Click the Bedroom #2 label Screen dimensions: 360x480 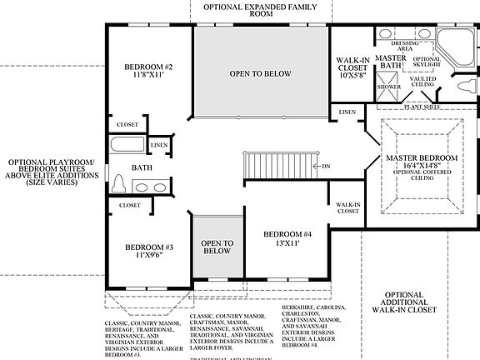pos(148,67)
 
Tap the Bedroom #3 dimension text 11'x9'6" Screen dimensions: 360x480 pos(148,257)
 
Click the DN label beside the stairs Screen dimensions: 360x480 pos(326,166)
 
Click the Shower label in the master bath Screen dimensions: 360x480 pos(389,87)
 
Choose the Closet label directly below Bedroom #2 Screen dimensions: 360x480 pos(128,124)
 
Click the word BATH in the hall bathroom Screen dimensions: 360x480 pos(142,167)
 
